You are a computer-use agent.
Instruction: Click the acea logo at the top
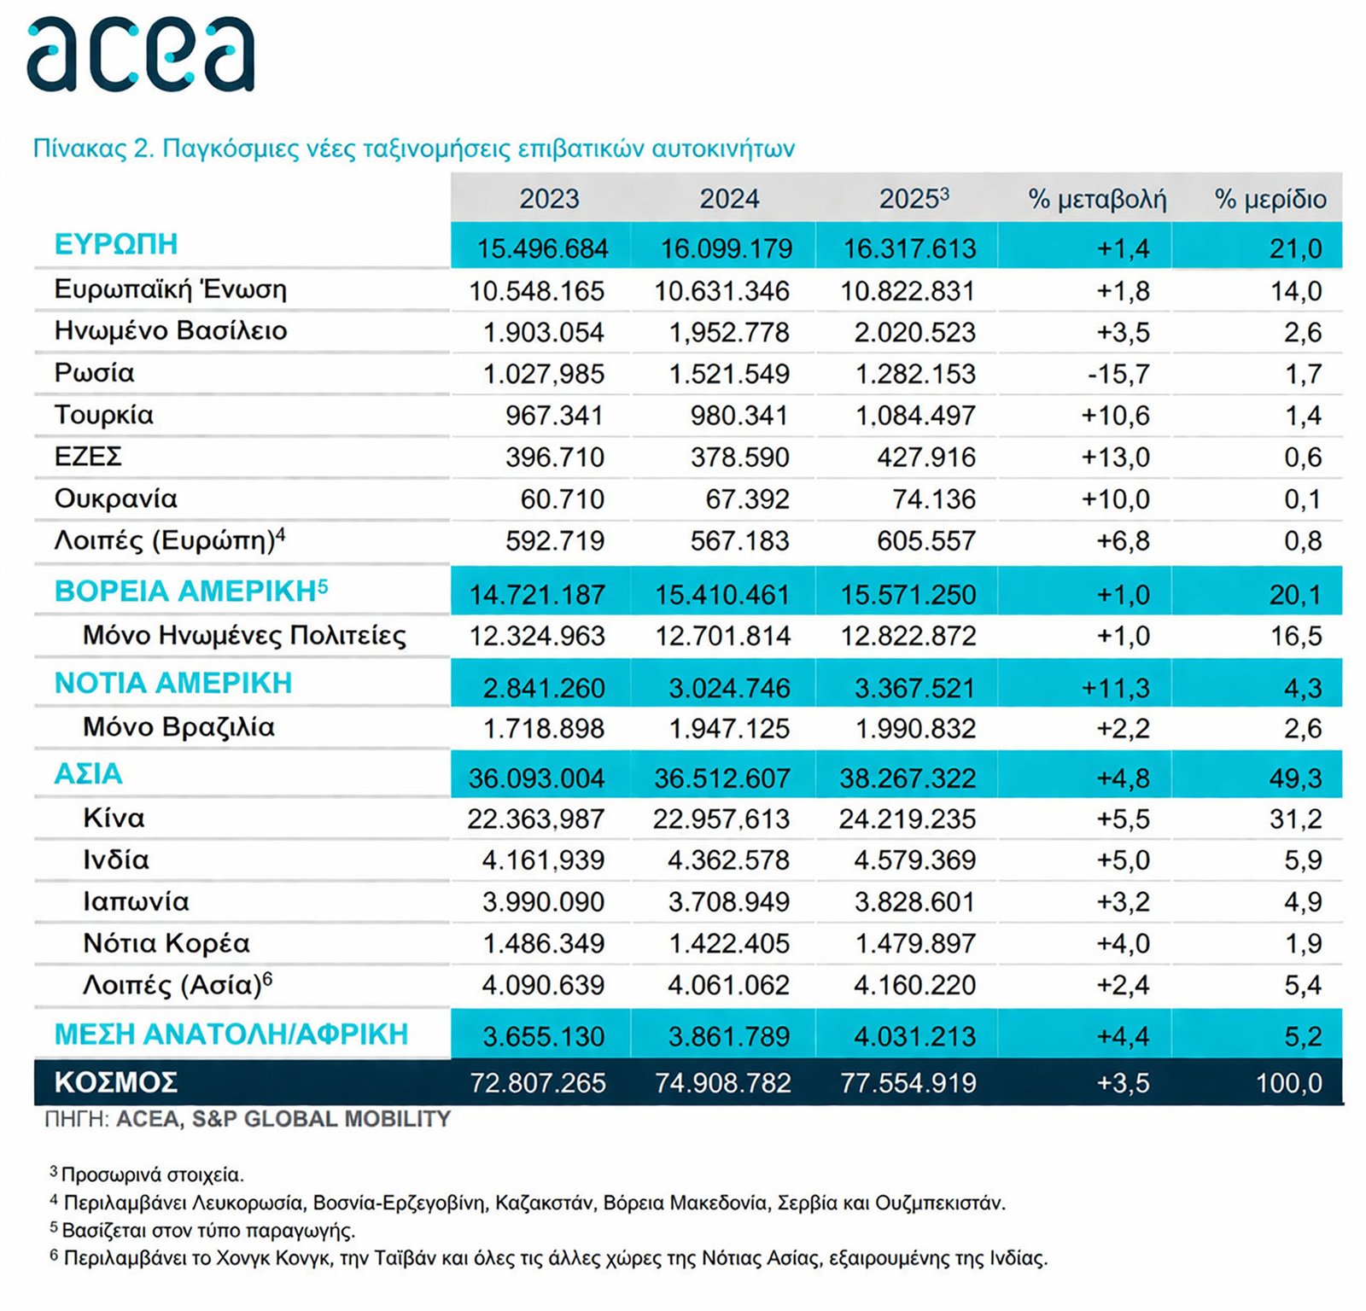coord(141,55)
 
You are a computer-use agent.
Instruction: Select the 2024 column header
coord(729,199)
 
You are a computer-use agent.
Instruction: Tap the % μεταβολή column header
coord(1097,199)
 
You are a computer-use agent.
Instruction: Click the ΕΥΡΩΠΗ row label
coord(116,245)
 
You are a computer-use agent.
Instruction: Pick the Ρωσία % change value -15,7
coord(1118,374)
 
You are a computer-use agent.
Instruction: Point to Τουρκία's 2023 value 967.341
coord(554,416)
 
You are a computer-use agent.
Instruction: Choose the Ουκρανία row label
coord(116,498)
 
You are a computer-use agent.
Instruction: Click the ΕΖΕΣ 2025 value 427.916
coord(925,457)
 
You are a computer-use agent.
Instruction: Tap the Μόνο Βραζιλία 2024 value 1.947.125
coord(729,729)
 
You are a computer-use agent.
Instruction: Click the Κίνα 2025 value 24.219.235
coord(907,819)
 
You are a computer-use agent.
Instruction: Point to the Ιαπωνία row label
coord(136,902)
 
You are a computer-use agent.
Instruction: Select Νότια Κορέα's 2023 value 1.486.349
coord(543,944)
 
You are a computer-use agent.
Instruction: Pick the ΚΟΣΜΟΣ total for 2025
coord(908,1083)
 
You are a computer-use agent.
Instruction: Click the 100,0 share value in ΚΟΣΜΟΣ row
coord(1288,1083)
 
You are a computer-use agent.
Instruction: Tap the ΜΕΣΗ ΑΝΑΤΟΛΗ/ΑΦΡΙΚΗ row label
coord(231,1034)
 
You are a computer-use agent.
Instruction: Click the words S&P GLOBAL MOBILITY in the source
coord(321,1119)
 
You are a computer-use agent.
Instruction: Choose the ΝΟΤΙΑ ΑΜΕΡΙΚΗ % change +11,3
coord(1115,688)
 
